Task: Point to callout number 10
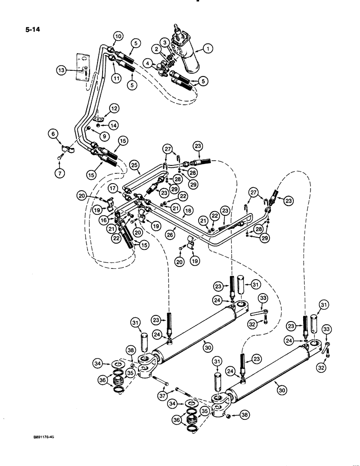(117, 36)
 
